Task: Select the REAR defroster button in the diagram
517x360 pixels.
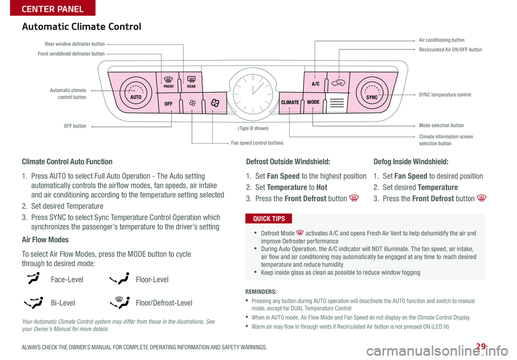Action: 191,82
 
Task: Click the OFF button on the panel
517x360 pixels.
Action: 169,103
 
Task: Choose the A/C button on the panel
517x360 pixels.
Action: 315,82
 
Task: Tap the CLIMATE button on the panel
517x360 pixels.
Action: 290,103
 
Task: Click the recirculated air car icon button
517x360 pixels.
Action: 339,82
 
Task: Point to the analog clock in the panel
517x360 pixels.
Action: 253,93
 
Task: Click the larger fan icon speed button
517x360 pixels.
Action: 215,103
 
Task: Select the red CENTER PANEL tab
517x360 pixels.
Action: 53,8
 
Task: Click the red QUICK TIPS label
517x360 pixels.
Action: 269,218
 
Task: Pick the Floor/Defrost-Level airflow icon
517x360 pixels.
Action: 120,302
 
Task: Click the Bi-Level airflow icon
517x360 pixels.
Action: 33,302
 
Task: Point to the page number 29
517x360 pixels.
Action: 481,346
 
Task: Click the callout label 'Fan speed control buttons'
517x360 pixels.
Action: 257,143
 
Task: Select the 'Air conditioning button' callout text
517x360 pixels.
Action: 442,40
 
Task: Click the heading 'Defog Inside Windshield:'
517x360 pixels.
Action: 411,162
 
